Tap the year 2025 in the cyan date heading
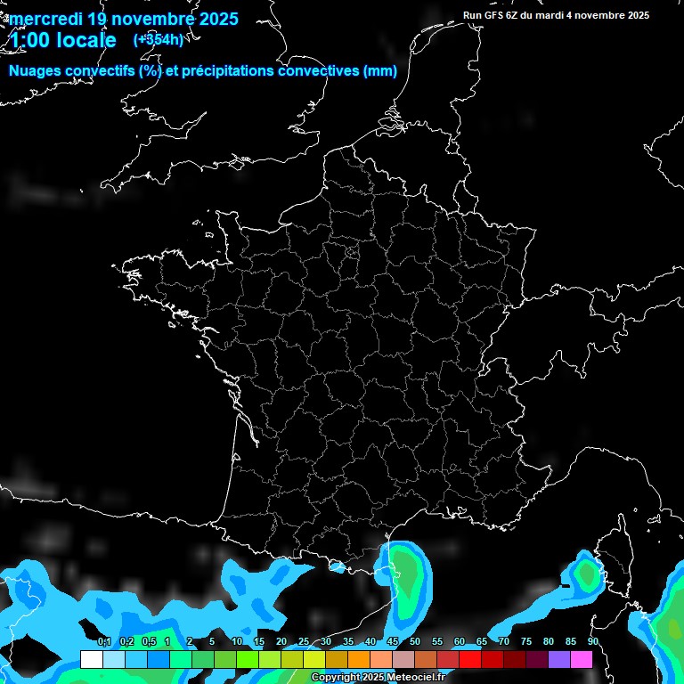pos(214,19)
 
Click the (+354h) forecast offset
pos(159,39)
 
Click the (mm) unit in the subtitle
pos(379,71)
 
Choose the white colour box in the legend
pos(91,659)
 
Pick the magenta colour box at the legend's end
pos(581,659)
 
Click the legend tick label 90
pos(592,642)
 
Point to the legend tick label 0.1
pos(103,642)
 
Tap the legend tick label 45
pos(393,642)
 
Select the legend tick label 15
pos(259,642)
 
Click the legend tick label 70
pos(504,642)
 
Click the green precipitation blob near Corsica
pos(587,574)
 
